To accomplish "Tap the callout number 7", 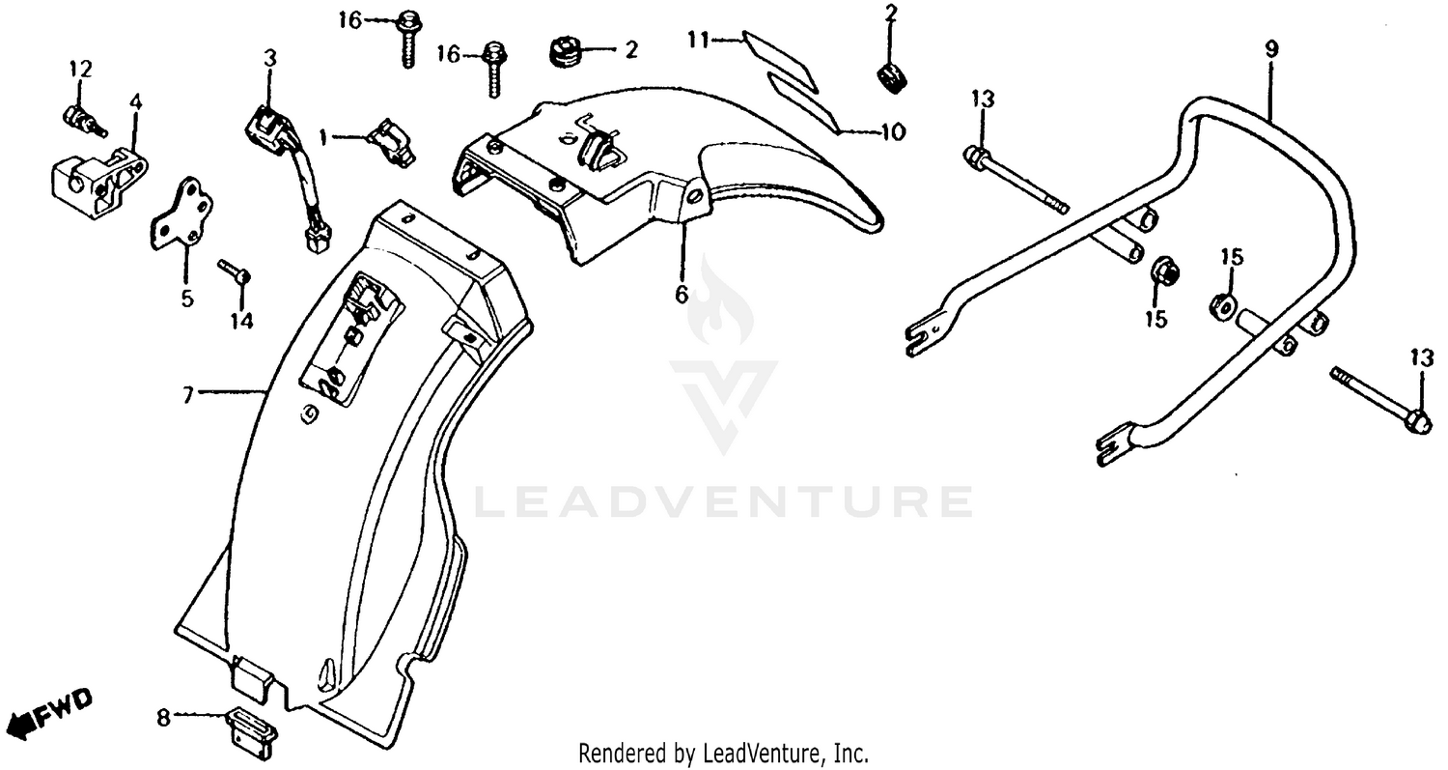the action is coord(189,393).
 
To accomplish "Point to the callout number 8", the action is coord(163,717).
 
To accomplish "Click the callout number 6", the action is coord(682,294).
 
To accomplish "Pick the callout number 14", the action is coord(241,321).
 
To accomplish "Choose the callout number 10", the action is coord(893,132).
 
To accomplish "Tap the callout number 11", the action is coord(699,40).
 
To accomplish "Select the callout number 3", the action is coord(270,58).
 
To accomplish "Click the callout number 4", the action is coord(134,100).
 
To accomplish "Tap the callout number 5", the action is coord(186,298).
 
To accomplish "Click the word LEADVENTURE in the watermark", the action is coord(724,501).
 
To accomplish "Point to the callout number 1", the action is coord(324,137).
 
